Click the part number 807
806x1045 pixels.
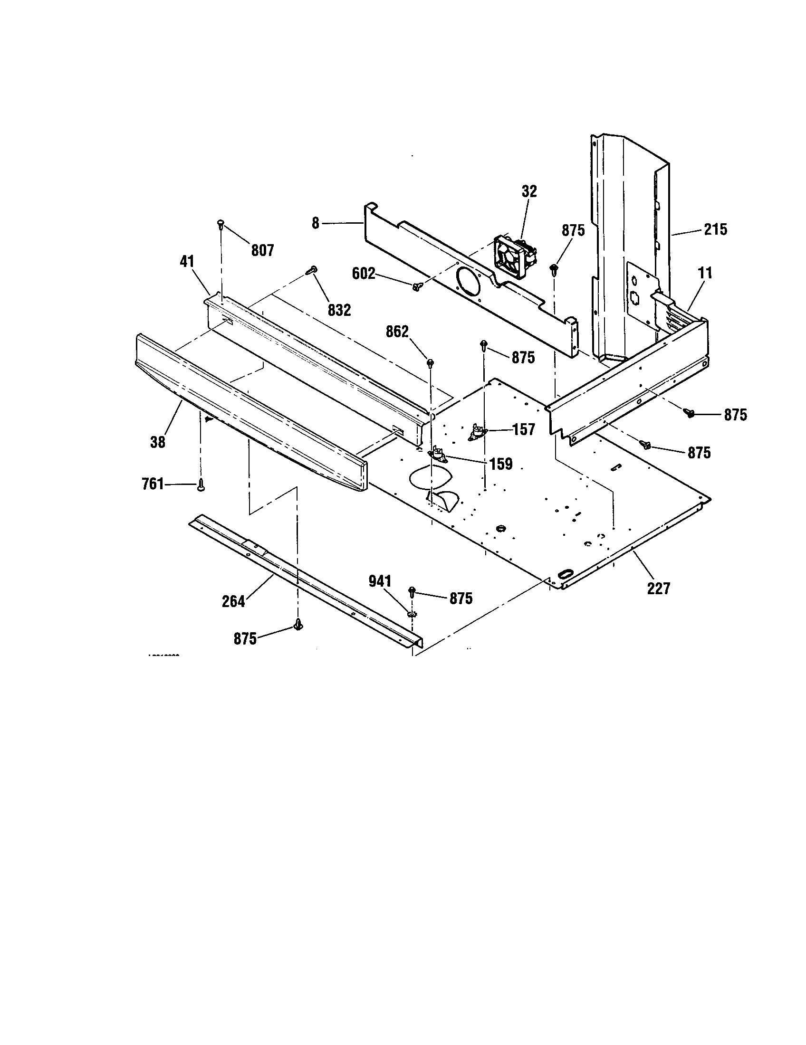262,250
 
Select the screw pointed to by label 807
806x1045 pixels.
221,222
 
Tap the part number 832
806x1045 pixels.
339,310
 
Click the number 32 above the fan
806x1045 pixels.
529,191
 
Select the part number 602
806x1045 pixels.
364,274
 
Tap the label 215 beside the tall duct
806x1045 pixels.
715,230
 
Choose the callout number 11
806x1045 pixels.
705,273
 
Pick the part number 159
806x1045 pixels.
500,464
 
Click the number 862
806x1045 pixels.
397,331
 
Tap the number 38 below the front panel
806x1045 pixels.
157,442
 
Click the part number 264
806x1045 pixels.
233,601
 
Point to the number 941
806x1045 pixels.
380,581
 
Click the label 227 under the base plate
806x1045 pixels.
658,588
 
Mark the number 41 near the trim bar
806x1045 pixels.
187,261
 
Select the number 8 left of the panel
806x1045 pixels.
315,223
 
